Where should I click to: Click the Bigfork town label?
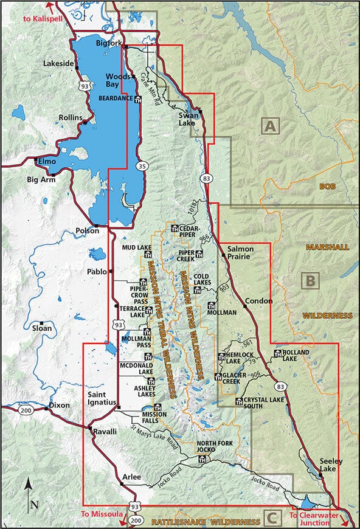coord(110,43)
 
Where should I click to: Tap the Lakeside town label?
coord(58,63)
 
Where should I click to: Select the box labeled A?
coord(269,126)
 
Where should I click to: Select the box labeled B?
coord(310,281)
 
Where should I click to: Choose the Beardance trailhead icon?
coord(138,100)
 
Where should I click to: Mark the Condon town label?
coord(258,301)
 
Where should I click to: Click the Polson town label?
coord(87,231)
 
